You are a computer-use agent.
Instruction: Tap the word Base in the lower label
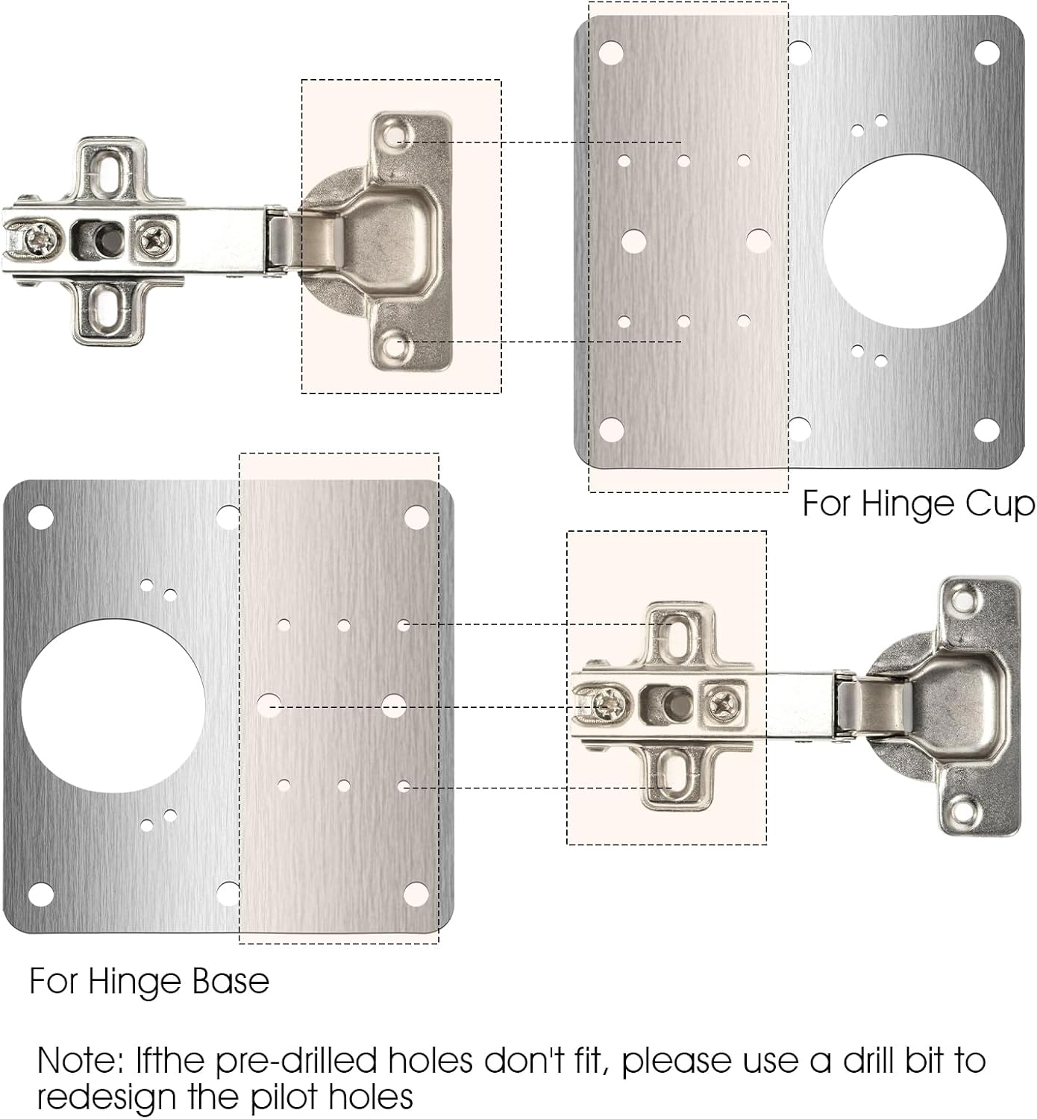(x=231, y=981)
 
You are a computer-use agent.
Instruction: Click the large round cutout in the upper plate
(x=914, y=242)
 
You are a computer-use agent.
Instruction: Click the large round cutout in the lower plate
(x=113, y=706)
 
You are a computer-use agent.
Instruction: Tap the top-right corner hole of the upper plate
(x=986, y=52)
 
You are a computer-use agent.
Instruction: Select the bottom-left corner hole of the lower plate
(x=40, y=893)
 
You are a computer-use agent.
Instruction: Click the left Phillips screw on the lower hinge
(x=607, y=703)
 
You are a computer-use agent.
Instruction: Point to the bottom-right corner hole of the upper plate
(x=986, y=430)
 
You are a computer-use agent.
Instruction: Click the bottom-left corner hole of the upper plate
(x=611, y=430)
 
